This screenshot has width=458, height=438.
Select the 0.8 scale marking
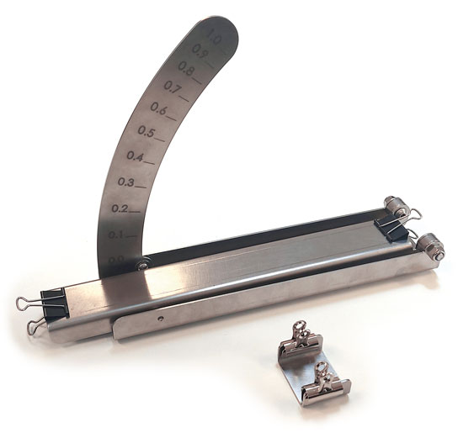click(x=185, y=68)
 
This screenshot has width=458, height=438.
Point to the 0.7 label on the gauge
click(x=173, y=87)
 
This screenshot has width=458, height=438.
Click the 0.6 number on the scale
click(x=158, y=108)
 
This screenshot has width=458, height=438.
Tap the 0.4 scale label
click(x=135, y=156)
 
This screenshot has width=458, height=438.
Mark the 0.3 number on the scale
click(x=126, y=182)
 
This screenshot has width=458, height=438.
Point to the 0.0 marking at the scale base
click(x=115, y=258)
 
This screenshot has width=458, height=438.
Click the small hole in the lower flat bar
click(x=159, y=319)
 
